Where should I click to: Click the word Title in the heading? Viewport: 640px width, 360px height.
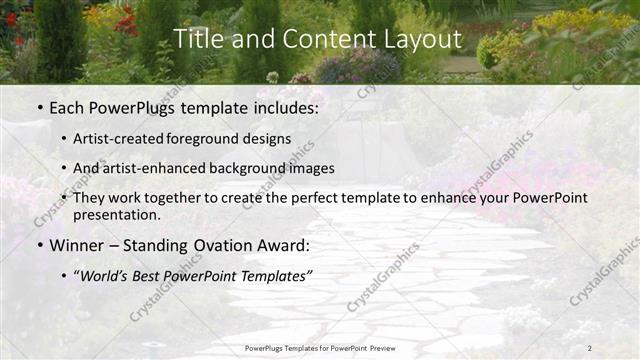pyautogui.click(x=197, y=40)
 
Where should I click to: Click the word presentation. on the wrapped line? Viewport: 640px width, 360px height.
pyautogui.click(x=116, y=214)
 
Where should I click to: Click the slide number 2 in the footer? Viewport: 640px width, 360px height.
pyautogui.click(x=590, y=348)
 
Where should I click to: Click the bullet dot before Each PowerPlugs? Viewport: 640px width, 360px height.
pyautogui.click(x=39, y=108)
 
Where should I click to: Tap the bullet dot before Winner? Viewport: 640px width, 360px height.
pyautogui.click(x=39, y=245)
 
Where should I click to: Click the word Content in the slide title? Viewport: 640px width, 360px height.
pyautogui.click(x=320, y=40)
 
